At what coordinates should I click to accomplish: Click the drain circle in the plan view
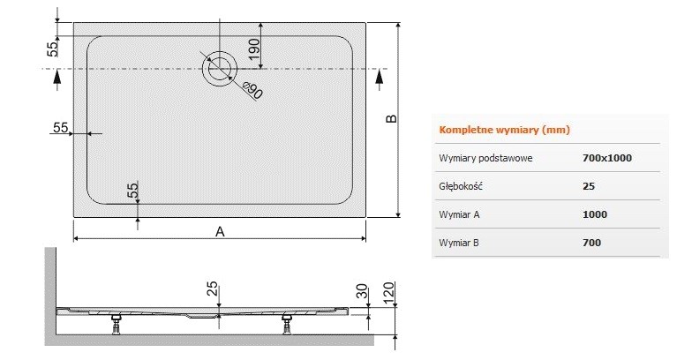(x=220, y=68)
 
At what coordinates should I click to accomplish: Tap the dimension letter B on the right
(x=392, y=119)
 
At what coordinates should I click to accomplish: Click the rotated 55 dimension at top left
(x=52, y=49)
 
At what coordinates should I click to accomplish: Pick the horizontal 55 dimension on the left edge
(x=61, y=127)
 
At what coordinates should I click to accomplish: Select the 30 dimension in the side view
(x=360, y=291)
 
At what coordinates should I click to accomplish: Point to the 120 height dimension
(x=389, y=291)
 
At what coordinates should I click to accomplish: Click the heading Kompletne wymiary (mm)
(x=504, y=130)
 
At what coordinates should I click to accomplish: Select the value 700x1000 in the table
(x=607, y=158)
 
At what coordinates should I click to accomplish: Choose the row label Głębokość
(x=460, y=186)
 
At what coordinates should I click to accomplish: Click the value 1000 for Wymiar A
(x=595, y=214)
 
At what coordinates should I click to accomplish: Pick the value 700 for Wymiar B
(x=591, y=242)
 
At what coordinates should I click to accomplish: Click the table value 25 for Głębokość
(x=589, y=186)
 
